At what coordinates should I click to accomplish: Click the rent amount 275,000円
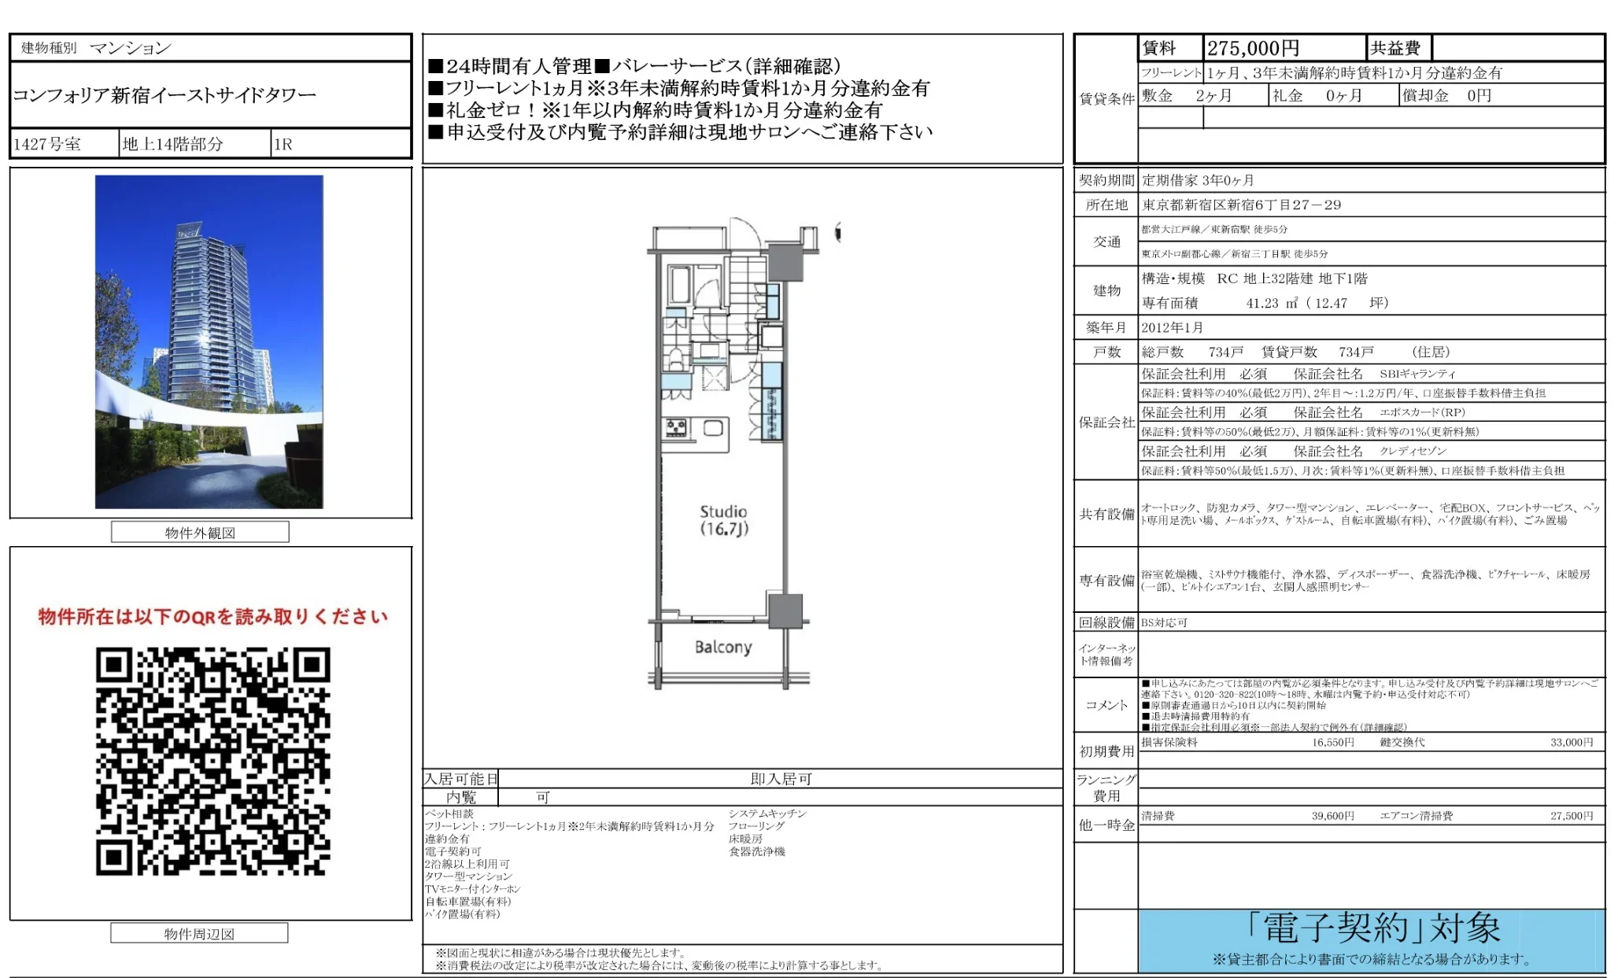tap(1253, 48)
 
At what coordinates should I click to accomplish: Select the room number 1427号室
tap(47, 144)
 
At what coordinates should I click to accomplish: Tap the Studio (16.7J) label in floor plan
tap(723, 520)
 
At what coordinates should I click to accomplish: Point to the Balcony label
tap(723, 647)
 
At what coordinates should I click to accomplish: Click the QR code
tap(212, 761)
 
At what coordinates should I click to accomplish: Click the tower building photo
tap(209, 341)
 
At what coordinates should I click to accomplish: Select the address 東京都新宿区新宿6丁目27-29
tap(1241, 205)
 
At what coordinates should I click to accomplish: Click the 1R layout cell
tap(283, 144)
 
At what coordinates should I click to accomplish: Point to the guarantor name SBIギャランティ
tap(1417, 374)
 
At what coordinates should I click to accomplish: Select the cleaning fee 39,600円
tap(1332, 816)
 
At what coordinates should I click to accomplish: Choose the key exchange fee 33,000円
tap(1571, 742)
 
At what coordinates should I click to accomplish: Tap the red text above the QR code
tap(212, 616)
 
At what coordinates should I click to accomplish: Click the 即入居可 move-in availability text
tap(781, 779)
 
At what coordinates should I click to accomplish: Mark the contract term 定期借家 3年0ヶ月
tap(1198, 180)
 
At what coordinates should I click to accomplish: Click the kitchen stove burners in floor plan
tap(676, 428)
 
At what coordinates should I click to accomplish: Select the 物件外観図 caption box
tap(200, 533)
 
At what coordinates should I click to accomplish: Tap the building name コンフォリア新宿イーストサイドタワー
tap(164, 95)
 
